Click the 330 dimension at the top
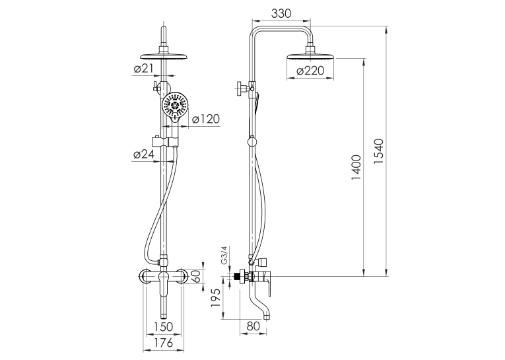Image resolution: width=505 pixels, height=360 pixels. click(281, 13)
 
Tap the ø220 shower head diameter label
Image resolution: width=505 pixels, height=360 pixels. click(310, 71)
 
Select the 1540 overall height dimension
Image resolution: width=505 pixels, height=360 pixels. click(379, 151)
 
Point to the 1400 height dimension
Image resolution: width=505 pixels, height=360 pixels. click(356, 167)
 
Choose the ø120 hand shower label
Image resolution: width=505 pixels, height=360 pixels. click(206, 119)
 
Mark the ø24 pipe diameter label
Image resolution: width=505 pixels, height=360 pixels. click(143, 155)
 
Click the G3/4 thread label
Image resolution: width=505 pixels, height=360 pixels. click(224, 255)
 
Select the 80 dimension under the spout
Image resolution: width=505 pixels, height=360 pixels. click(253, 326)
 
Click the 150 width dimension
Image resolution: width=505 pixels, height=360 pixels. click(163, 326)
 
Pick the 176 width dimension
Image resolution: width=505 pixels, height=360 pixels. click(163, 343)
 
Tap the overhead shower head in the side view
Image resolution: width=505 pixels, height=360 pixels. click(310, 55)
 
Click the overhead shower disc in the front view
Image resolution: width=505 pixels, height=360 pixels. click(164, 55)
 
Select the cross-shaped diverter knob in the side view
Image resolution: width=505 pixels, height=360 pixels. click(242, 87)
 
